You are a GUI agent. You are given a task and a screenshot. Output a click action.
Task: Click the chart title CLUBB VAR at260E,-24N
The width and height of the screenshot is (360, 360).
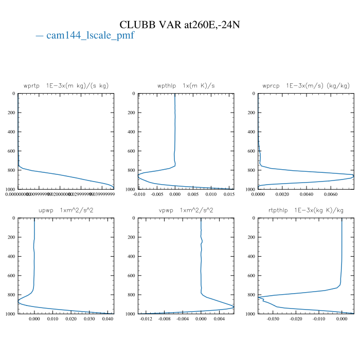(x=179, y=25)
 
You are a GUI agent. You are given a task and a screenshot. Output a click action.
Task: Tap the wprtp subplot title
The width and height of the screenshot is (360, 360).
(x=66, y=85)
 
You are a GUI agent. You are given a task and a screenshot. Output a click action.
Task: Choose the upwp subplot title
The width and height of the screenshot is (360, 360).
(x=66, y=210)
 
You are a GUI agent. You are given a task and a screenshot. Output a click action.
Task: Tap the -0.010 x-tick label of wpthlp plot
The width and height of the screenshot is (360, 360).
(x=139, y=194)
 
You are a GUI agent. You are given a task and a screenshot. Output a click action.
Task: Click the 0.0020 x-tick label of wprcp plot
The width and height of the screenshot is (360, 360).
(x=282, y=194)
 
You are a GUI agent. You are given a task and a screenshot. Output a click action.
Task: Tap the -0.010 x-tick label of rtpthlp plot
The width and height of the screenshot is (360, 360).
(x=319, y=319)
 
